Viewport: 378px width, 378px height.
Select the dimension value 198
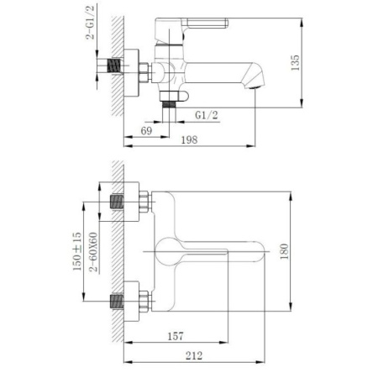(x=190, y=139)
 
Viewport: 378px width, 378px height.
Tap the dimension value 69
(x=145, y=132)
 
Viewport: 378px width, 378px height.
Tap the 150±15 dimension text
(x=76, y=250)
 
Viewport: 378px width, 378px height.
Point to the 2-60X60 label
(x=93, y=250)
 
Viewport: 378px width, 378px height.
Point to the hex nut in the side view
(x=140, y=73)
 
